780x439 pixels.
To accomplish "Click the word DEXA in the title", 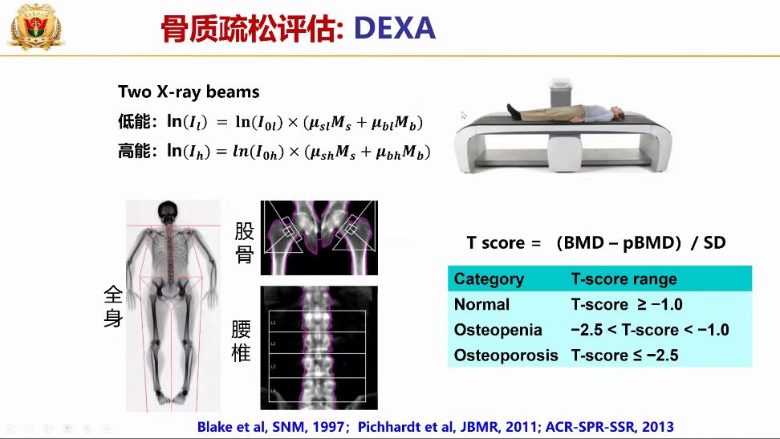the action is (x=395, y=27).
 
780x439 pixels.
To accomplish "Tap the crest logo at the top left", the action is (x=36, y=27).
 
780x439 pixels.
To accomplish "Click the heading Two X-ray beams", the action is (x=189, y=91).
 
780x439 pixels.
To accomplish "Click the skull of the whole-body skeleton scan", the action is (x=168, y=211).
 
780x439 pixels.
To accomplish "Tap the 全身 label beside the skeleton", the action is (x=113, y=306).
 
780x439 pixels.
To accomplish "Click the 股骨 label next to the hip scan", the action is (x=244, y=242).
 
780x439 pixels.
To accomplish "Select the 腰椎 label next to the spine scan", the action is (x=242, y=341).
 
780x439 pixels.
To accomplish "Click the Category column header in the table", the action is (x=489, y=278).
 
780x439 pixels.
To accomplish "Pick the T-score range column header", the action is (x=624, y=278).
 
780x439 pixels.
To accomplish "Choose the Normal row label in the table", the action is (x=481, y=304).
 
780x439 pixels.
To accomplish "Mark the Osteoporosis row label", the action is (x=506, y=356).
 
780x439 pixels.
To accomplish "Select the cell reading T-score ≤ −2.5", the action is (x=624, y=356).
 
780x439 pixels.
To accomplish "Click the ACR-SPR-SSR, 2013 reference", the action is (x=610, y=426).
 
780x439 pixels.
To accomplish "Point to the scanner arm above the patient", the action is (x=562, y=92).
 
